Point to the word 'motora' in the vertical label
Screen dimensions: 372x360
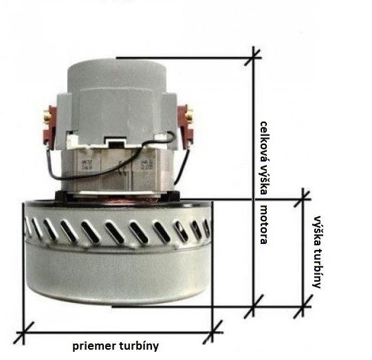(264, 225)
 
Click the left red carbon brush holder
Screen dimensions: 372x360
(51, 127)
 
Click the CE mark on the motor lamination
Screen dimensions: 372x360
(122, 168)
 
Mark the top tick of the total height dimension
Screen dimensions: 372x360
(253, 57)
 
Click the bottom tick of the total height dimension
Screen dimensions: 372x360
(253, 306)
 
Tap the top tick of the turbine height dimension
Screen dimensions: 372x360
(303, 199)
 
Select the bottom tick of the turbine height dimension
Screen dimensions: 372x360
(303, 306)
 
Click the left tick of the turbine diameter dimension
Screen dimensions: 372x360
(23, 333)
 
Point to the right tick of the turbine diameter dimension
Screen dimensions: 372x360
(212, 333)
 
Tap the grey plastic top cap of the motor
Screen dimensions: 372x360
(117, 76)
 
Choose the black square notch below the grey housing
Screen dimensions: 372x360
(114, 143)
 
